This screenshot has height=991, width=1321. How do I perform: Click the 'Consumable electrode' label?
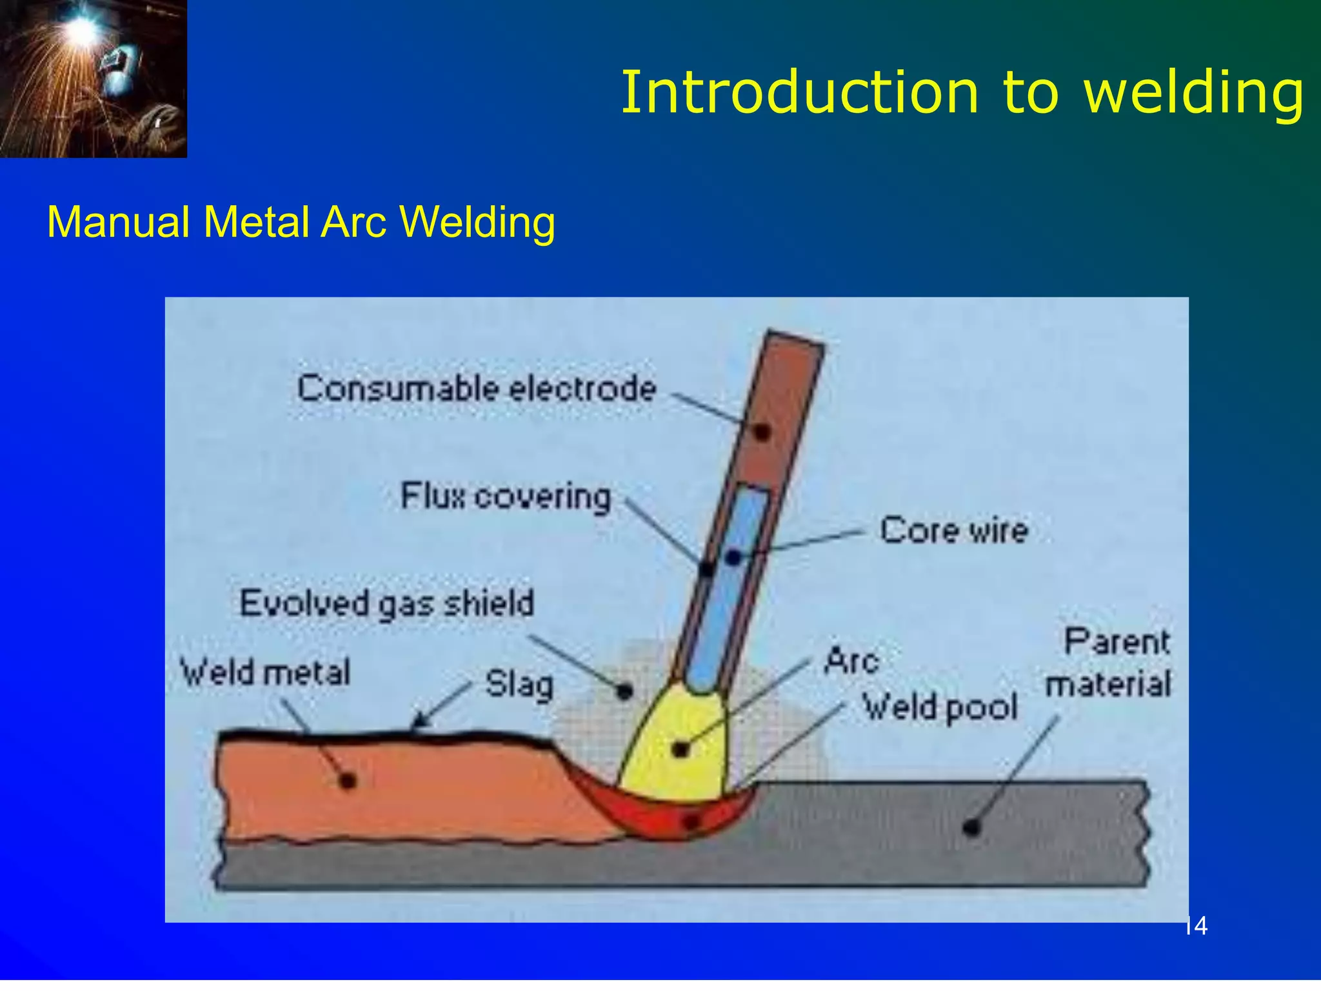(476, 389)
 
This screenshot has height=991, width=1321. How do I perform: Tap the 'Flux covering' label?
(505, 497)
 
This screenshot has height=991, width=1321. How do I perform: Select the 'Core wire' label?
(953, 530)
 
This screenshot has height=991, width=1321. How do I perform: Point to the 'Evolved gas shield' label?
(386, 604)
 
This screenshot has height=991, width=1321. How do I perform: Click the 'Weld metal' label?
(265, 672)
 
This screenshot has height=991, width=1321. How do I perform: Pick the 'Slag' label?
(519, 684)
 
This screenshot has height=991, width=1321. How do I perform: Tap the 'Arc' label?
(851, 661)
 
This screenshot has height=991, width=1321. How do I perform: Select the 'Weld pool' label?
(940, 707)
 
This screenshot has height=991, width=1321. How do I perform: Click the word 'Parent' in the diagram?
(1117, 643)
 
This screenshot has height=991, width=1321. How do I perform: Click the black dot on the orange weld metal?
(348, 781)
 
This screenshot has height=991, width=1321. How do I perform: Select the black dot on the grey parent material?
(971, 827)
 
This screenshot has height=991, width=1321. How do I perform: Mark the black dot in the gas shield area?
(624, 692)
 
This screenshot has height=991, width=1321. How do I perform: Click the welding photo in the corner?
(93, 78)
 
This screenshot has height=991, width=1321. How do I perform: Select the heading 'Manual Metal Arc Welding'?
(301, 222)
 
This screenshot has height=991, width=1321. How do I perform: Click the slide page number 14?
(1197, 926)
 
